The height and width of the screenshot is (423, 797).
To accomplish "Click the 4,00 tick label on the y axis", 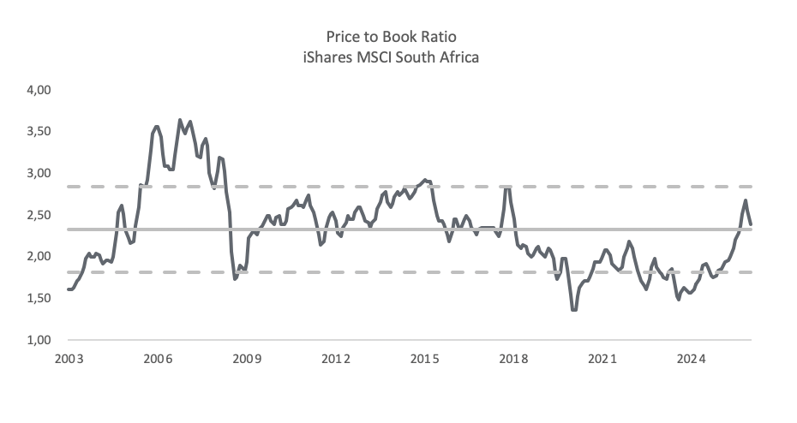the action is (x=39, y=90).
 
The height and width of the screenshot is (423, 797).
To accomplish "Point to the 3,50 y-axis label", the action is (x=39, y=132).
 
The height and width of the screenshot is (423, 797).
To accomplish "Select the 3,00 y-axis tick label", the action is (x=39, y=173).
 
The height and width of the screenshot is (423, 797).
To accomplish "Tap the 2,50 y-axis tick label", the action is (x=39, y=215).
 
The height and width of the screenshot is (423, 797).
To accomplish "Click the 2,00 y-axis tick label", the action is (x=39, y=256).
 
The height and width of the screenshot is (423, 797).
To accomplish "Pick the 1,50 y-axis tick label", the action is (x=39, y=298).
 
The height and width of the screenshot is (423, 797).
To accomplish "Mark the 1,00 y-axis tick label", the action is (x=39, y=340).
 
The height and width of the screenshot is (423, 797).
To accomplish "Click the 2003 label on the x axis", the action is (x=69, y=359).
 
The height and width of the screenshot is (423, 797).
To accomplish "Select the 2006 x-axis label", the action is (x=158, y=359).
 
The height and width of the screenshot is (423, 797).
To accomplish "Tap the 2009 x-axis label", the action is (x=247, y=359).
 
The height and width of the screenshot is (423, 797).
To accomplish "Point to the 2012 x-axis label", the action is (x=335, y=359).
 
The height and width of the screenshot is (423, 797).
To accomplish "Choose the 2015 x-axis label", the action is (x=424, y=359).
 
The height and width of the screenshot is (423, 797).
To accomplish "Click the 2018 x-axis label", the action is (x=513, y=359).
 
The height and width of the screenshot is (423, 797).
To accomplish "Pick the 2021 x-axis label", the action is (x=602, y=359).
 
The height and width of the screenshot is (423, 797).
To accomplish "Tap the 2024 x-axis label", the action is (x=692, y=359).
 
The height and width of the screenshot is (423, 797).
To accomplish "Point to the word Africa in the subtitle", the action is (x=462, y=57).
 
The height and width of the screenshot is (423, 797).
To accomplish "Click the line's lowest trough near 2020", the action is (x=574, y=309).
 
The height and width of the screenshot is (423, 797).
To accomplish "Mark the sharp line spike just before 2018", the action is (x=506, y=188).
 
